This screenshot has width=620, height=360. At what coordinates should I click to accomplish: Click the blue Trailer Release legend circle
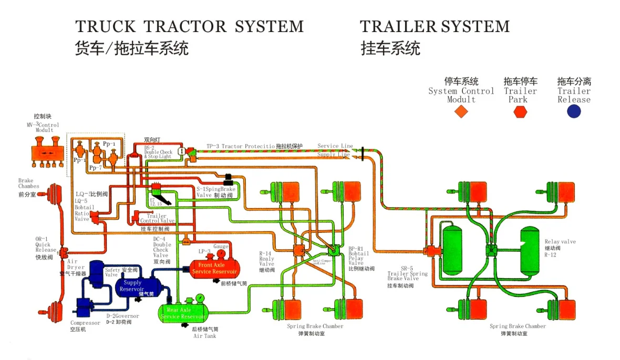(574, 111)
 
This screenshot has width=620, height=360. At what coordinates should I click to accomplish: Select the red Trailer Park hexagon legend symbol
(520, 111)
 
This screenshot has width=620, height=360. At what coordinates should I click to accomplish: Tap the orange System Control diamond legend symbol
(461, 111)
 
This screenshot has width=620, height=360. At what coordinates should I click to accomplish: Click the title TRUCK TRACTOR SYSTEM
(190, 26)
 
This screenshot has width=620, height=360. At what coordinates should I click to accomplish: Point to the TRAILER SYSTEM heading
(435, 26)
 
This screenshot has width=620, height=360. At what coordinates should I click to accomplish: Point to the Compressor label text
(85, 323)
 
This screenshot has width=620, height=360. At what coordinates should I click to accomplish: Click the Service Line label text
(335, 146)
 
